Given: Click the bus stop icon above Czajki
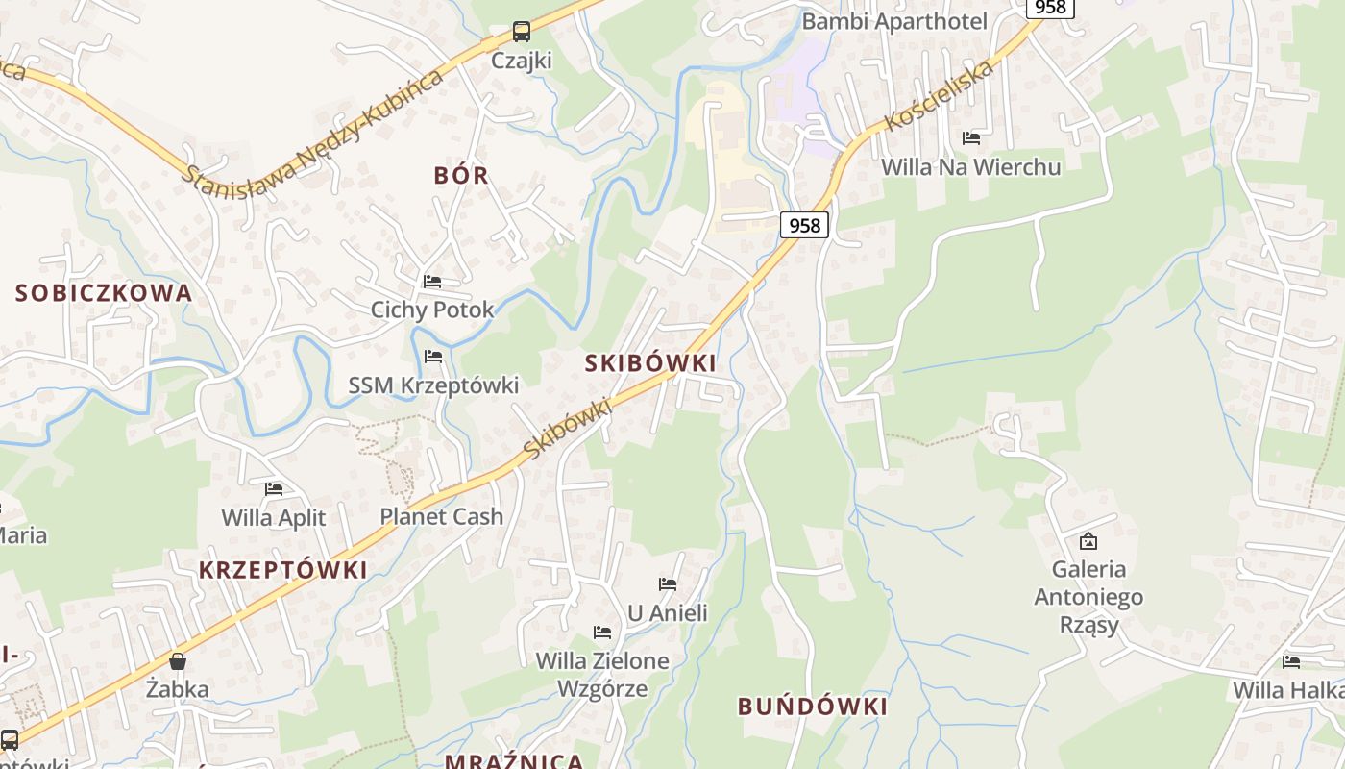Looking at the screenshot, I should [x=521, y=32].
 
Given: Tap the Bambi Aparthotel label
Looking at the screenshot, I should [x=894, y=21].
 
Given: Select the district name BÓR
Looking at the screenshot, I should [x=461, y=175].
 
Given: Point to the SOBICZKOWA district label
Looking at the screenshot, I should [x=104, y=293].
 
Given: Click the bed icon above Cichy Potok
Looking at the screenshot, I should [x=432, y=282].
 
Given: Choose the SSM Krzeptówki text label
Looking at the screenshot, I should [x=433, y=385].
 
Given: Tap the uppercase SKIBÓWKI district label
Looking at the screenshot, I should [x=650, y=363].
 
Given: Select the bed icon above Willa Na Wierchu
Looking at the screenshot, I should [x=971, y=138].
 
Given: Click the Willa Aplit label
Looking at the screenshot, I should [x=274, y=518].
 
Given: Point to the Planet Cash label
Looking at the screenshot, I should [x=441, y=516].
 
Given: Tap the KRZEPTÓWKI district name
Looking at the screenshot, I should [x=283, y=570].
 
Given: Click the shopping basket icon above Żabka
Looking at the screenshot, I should [x=178, y=661].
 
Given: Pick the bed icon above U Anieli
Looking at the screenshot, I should [x=668, y=584].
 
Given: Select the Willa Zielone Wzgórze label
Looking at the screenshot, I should [x=602, y=675].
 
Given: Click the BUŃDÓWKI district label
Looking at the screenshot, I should [x=812, y=707].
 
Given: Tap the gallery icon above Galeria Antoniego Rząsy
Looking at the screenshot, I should [x=1088, y=541].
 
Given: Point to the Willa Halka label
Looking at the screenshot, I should [x=1287, y=690].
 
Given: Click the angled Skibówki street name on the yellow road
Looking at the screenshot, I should [x=569, y=428].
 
